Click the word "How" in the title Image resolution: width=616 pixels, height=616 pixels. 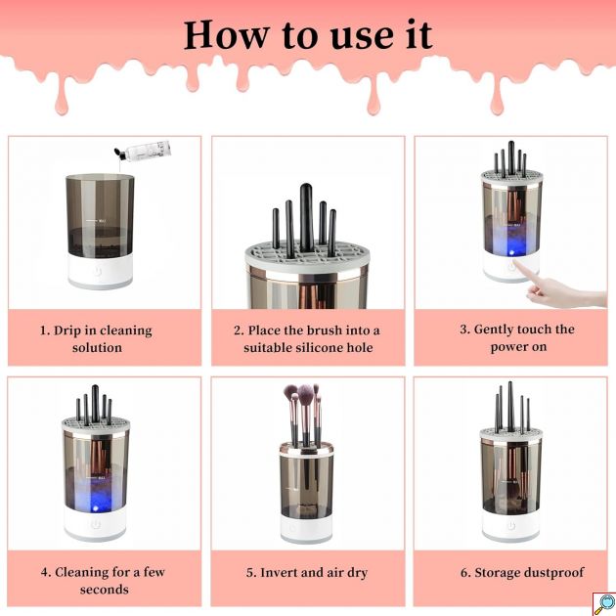(227, 35)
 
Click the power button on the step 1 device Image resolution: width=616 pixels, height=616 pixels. (98, 271)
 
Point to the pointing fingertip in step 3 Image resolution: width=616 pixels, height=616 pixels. (516, 263)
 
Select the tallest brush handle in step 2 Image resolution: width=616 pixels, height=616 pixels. (306, 217)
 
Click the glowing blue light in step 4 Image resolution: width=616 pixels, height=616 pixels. (96, 508)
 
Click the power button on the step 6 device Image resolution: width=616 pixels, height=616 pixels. (511, 525)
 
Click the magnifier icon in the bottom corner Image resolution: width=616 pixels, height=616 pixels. (604, 604)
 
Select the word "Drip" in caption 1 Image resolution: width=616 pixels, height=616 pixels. (67, 330)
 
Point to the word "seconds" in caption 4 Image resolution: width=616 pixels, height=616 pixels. (104, 590)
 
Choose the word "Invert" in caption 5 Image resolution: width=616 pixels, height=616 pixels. (281, 572)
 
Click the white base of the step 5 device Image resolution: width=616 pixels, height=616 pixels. (306, 527)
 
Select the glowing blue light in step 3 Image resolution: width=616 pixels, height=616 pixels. (511, 250)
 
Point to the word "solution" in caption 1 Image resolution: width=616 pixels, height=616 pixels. (97, 348)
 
